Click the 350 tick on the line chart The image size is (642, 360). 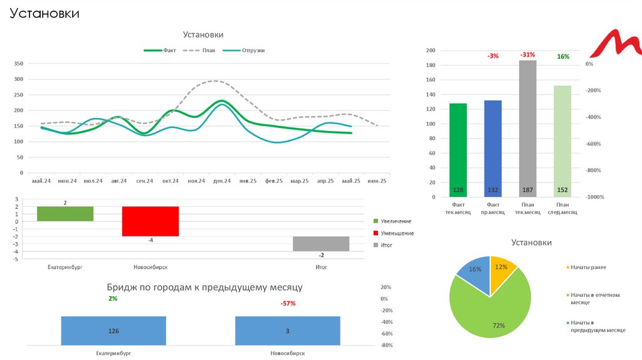18,64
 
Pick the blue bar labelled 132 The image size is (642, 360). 493,148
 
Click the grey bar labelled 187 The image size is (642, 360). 528,128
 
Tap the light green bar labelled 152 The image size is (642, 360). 562,140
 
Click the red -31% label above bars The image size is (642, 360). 527,55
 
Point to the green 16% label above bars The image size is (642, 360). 563,56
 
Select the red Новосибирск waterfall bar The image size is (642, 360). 150,221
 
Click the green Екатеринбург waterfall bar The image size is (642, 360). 65,213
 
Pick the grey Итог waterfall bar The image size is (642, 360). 321,243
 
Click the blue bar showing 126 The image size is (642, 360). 113,330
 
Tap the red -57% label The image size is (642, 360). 288,304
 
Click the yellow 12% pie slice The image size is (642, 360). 502,269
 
